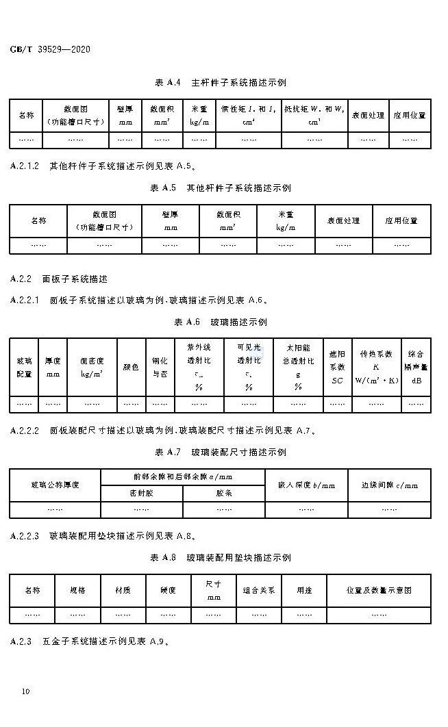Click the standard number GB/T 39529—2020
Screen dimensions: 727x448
[x=51, y=49]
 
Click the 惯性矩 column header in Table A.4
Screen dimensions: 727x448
[x=248, y=115]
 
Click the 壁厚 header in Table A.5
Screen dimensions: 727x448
[x=171, y=220]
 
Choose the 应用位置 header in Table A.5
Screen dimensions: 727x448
[x=401, y=220]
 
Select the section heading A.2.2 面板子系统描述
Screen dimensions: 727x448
[x=60, y=279]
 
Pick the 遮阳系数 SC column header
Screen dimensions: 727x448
[x=337, y=368]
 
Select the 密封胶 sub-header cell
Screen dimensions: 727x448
[x=142, y=493]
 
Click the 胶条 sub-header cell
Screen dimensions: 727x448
[x=225, y=493]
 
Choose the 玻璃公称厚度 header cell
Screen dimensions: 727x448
[x=55, y=485]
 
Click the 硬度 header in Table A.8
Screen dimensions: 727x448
[x=169, y=589]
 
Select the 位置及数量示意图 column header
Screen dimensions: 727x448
[x=379, y=589]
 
